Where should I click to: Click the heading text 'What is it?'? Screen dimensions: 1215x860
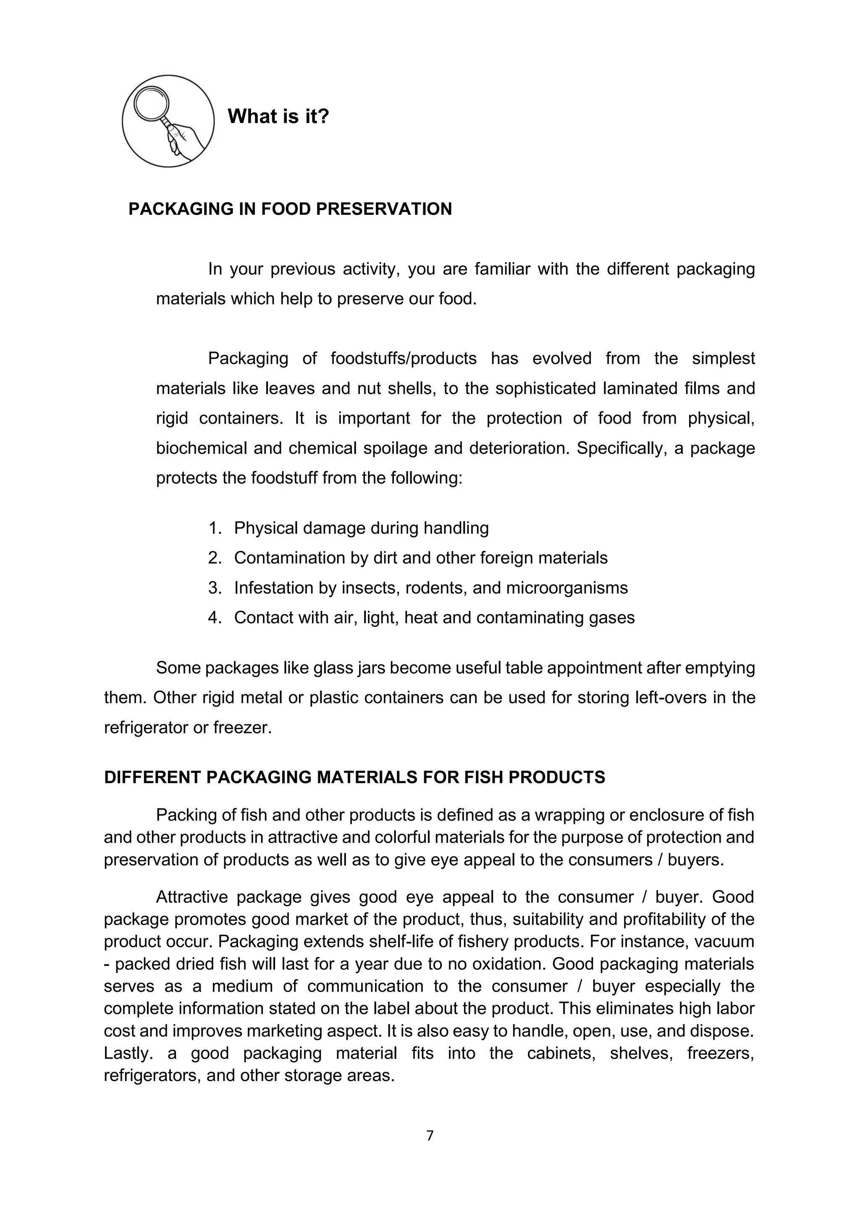(278, 116)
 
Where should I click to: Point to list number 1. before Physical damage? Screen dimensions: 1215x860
(215, 528)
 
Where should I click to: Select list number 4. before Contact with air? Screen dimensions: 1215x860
(215, 618)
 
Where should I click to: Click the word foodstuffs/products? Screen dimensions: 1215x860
(404, 358)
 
